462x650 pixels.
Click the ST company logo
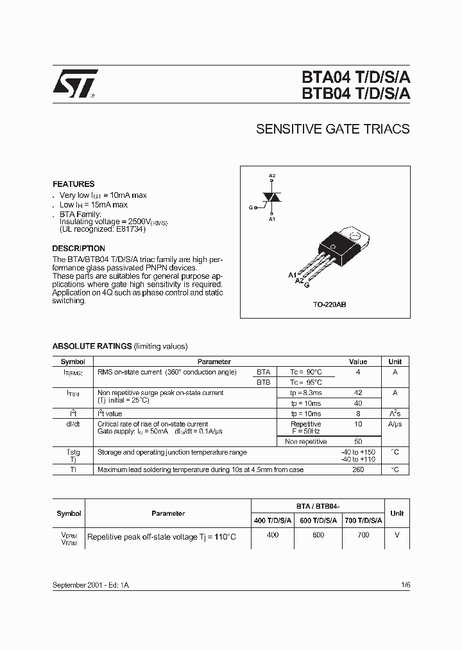point(75,83)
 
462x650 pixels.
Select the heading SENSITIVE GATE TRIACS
point(332,129)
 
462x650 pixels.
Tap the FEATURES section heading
point(73,184)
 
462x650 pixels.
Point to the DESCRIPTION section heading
point(78,249)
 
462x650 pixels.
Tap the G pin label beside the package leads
point(307,285)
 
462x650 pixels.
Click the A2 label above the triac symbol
point(272,176)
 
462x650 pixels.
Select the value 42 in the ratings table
point(358,392)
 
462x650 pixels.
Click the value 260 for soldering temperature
point(358,470)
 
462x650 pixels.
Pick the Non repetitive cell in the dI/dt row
point(305,441)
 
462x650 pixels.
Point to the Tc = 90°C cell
point(305,372)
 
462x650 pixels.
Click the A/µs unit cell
point(395,425)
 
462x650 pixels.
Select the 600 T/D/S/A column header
point(318,520)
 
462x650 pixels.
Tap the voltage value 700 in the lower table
point(363,534)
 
